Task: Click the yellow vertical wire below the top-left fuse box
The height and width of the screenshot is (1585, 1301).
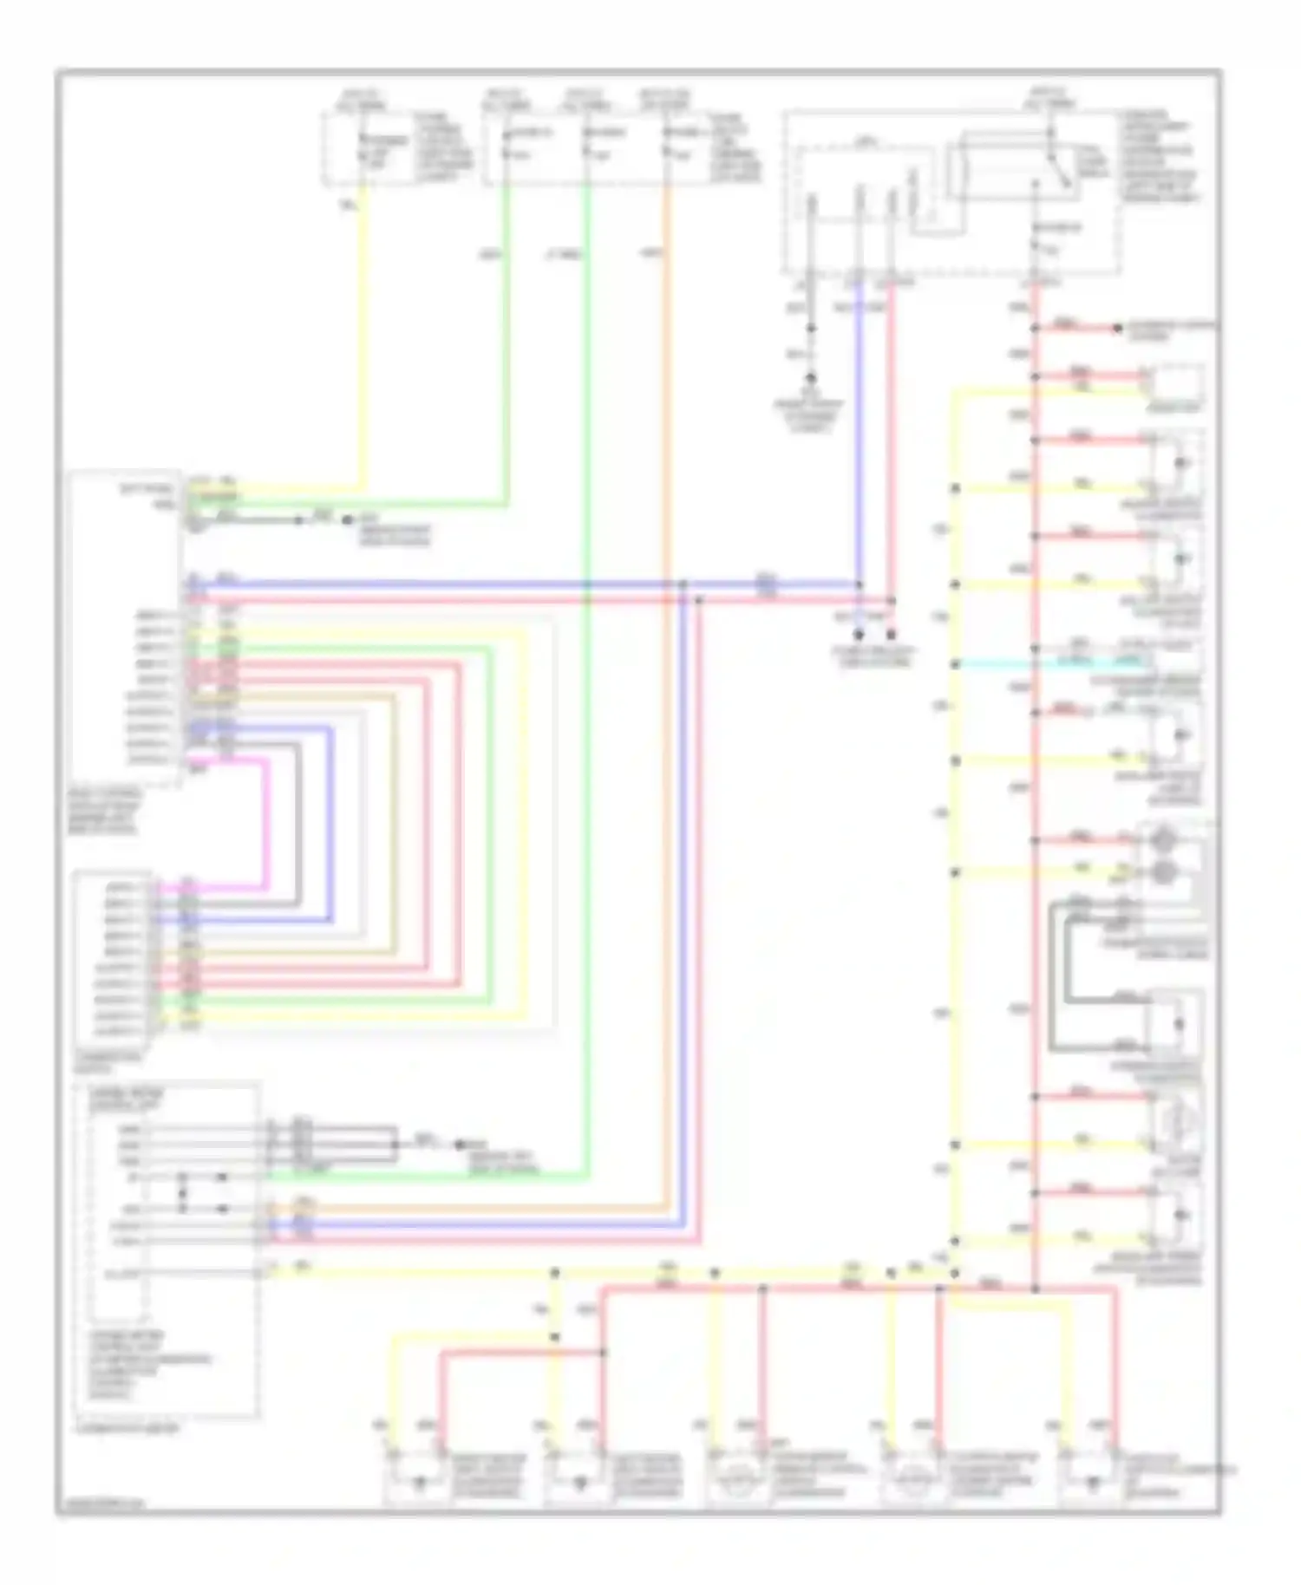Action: (362, 347)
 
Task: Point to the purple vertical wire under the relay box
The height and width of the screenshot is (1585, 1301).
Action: (859, 434)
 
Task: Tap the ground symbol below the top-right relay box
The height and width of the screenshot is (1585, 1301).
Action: (811, 379)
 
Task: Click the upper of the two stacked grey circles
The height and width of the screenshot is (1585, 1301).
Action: (1161, 841)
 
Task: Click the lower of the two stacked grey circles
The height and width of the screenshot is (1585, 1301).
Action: (1161, 871)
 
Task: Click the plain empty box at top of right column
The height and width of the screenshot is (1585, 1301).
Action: (1175, 382)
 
